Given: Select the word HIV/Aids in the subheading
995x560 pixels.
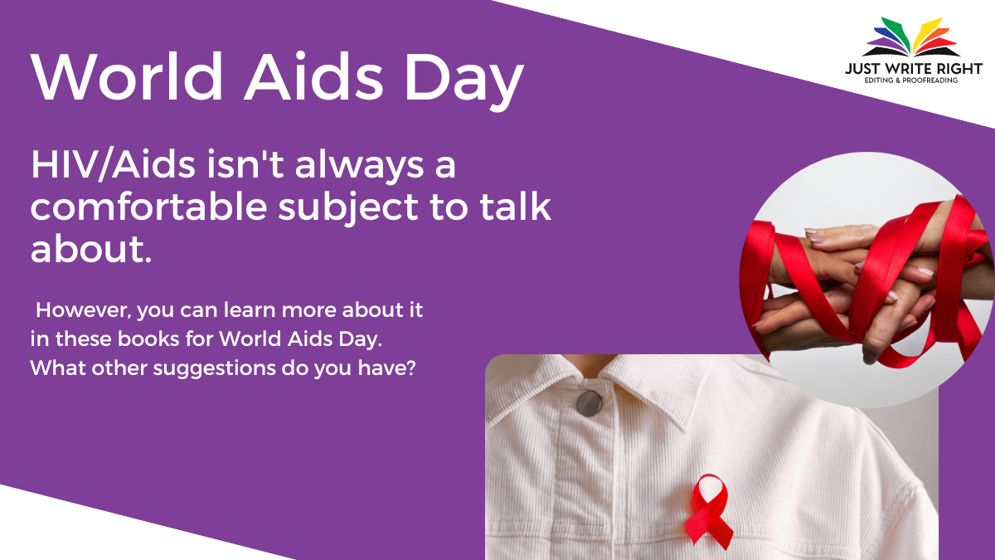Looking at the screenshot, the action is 113,165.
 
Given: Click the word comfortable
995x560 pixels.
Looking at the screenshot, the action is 148,207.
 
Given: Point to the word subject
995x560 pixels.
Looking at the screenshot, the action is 348,209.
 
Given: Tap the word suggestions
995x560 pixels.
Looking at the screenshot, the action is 214,369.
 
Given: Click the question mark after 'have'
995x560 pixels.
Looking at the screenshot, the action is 410,368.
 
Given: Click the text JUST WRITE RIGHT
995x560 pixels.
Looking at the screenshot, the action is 913,69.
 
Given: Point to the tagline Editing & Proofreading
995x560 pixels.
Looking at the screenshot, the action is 911,80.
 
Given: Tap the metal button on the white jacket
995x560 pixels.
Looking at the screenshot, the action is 589,403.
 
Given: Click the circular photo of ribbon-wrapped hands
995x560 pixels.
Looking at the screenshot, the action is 866,280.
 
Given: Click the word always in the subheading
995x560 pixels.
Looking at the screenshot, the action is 359,166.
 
